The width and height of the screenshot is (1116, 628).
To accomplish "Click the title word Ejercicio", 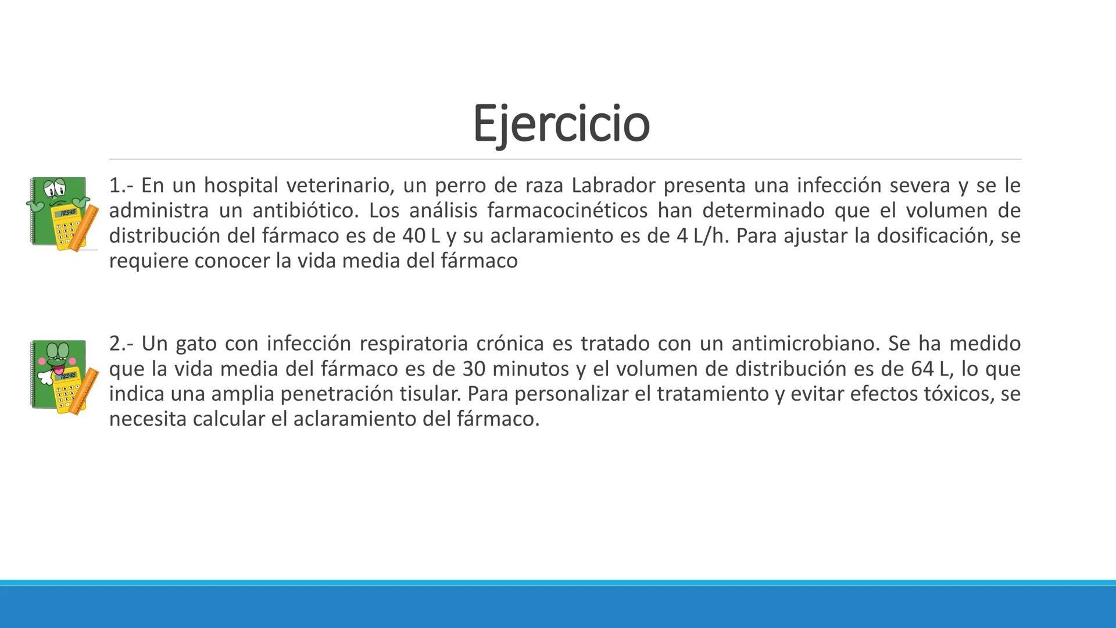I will pyautogui.click(x=561, y=123).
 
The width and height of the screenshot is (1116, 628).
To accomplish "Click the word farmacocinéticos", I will pyautogui.click(x=567, y=210).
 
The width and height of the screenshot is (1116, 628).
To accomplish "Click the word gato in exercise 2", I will pyautogui.click(x=196, y=344).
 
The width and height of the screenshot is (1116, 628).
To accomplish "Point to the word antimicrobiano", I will pyautogui.click(x=806, y=344).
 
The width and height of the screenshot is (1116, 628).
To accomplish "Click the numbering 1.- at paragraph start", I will pyautogui.click(x=121, y=185).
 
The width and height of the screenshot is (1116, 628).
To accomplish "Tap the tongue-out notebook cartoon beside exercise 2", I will pyautogui.click(x=62, y=377).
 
